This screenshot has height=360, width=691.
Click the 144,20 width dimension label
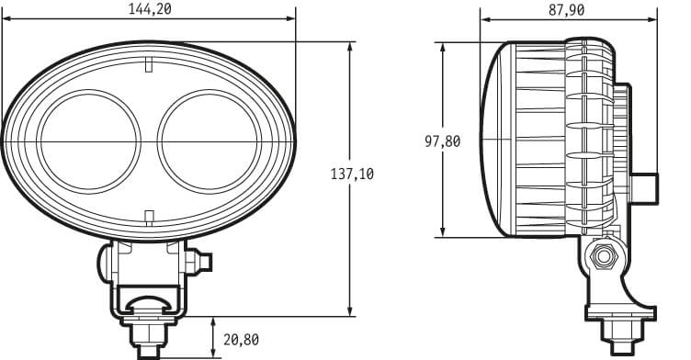tap(150, 9)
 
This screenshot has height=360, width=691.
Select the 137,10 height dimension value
tap(352, 174)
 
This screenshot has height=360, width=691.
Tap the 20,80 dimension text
tap(241, 340)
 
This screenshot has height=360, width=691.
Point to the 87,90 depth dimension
tap(567, 10)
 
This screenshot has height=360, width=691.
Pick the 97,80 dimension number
tap(443, 141)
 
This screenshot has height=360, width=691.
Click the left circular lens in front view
tap(88, 141)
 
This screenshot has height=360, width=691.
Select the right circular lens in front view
tap(210, 141)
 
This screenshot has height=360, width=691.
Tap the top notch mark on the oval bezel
tap(149, 64)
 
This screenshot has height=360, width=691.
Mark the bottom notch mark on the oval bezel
tap(150, 217)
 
